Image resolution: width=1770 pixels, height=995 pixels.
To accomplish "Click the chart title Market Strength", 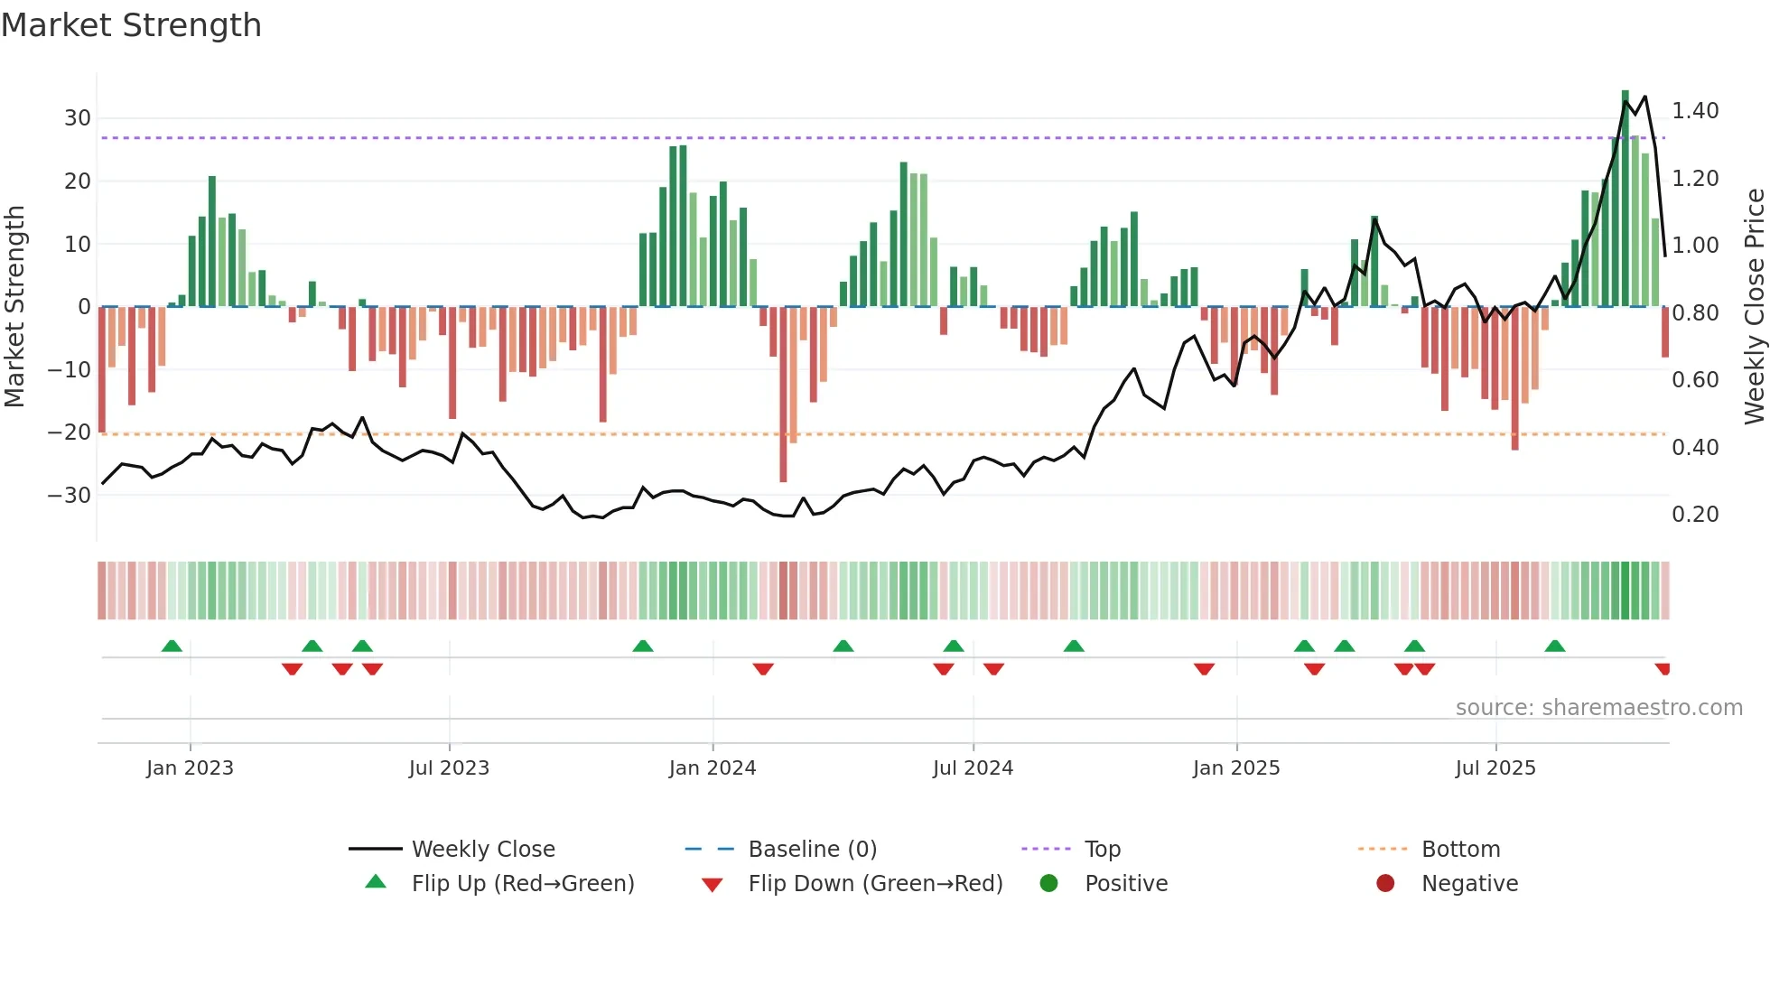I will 131,25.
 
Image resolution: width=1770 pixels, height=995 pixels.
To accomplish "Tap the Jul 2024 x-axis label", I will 973,768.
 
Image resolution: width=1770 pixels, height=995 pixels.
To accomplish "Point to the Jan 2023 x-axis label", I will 190,768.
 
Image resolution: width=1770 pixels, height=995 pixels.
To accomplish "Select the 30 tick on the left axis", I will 78,118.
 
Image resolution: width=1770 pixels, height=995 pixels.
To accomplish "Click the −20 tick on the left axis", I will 70,432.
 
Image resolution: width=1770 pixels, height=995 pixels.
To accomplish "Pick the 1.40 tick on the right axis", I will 1695,111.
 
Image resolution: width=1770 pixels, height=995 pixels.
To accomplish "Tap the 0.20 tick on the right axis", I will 1695,515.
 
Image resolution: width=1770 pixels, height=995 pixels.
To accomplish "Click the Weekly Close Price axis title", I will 1754,307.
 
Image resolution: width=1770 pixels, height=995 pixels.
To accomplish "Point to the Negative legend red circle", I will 1385,884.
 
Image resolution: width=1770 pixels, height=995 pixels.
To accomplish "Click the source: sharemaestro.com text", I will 1598,708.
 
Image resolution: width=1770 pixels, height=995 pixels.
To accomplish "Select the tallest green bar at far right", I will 1625,199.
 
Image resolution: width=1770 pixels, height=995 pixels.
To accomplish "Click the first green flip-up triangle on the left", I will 172,646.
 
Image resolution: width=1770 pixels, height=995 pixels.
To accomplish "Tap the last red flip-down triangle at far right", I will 1663,669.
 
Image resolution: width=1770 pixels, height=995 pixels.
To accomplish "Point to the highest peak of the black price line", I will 1644,97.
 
